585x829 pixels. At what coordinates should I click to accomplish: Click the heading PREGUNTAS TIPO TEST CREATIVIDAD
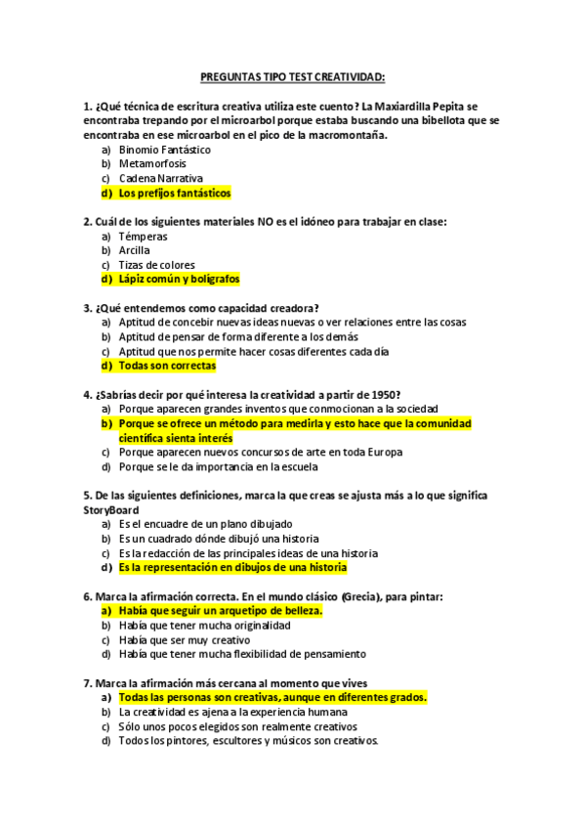pos(292,75)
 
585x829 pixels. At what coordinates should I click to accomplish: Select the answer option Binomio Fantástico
pos(164,150)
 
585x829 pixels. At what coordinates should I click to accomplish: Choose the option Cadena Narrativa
pos(160,179)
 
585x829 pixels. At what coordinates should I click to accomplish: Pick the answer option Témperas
pos(143,236)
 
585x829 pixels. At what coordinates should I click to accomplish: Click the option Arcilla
pos(134,250)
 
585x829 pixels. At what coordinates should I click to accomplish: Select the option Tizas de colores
pos(156,265)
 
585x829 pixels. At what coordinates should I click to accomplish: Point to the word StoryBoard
pos(111,509)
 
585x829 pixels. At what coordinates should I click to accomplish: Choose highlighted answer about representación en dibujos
pos(231,567)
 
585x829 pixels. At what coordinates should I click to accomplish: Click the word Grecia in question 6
pos(363,595)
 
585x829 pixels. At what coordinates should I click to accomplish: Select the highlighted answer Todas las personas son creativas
pos(272,698)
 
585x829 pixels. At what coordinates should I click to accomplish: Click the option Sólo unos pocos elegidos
pos(237,726)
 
